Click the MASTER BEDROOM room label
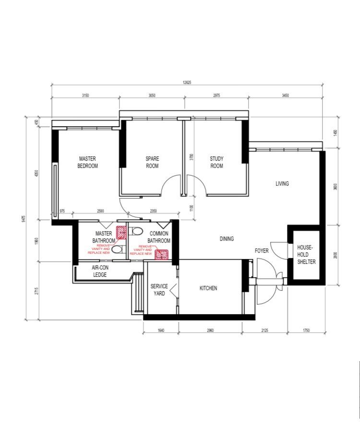(x=88, y=162)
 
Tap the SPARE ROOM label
(x=152, y=162)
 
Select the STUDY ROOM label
(x=216, y=162)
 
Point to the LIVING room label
(x=282, y=184)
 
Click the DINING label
(x=227, y=239)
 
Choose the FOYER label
(x=262, y=250)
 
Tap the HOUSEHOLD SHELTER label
(x=305, y=254)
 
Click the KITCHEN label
(x=208, y=288)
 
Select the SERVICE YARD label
(x=159, y=290)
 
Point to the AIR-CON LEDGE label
(x=100, y=271)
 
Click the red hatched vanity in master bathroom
(x=121, y=233)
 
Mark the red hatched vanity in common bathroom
(x=161, y=254)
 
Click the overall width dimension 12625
(x=187, y=82)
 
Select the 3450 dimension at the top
(x=285, y=95)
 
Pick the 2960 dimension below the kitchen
(x=210, y=330)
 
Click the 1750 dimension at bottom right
(x=306, y=330)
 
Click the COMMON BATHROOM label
(x=158, y=237)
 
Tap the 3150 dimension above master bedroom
(x=85, y=95)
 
